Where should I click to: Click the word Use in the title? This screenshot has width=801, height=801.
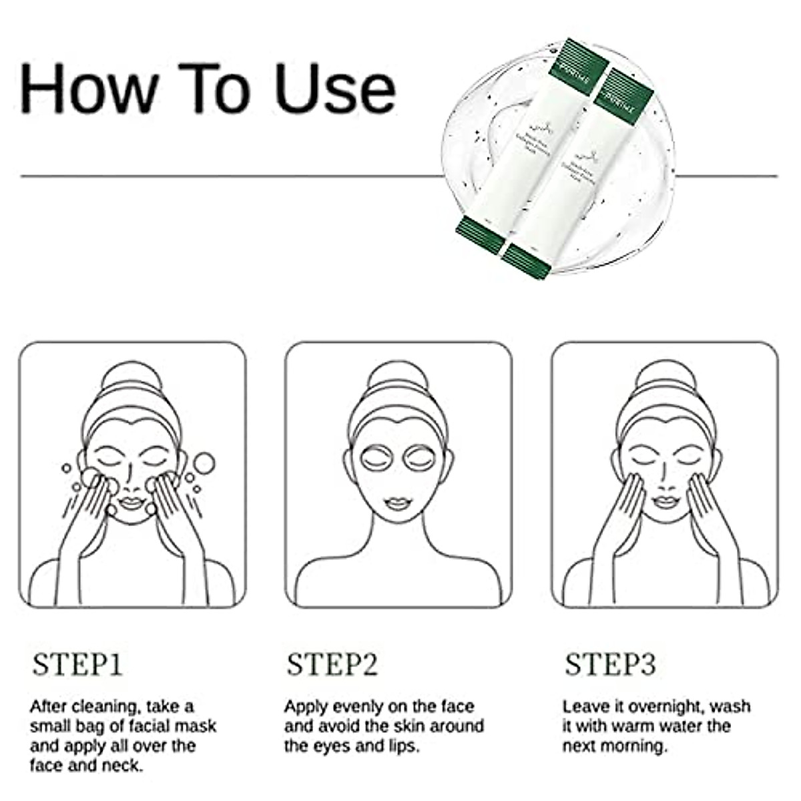coord(336,88)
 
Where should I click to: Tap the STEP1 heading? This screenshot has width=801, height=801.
coord(77,665)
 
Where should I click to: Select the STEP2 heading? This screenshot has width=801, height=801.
coord(332,665)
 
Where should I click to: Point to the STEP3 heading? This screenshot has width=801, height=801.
coord(610,665)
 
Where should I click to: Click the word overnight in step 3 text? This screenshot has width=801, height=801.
coord(665,706)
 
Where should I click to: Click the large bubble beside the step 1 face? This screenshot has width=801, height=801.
coord(204,462)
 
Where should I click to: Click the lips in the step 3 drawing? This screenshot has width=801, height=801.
coord(664,502)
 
